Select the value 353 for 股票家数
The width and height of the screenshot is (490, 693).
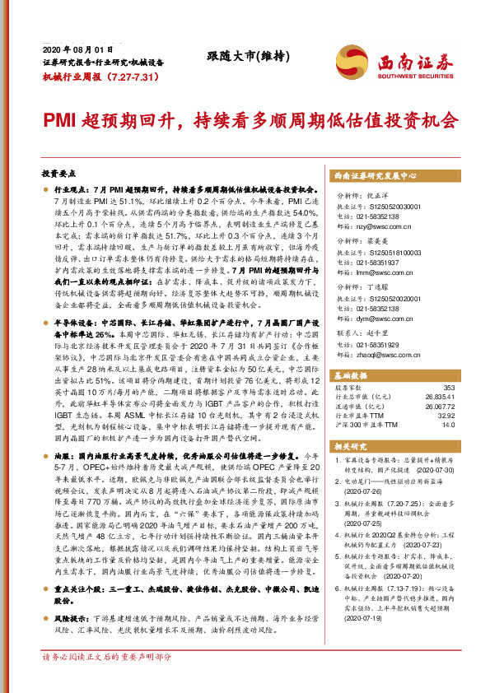pos(449,387)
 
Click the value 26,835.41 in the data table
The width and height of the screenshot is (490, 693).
pos(440,395)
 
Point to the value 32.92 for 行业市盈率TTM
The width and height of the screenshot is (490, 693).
pos(445,416)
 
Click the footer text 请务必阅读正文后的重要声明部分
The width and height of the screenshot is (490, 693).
pos(106,681)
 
